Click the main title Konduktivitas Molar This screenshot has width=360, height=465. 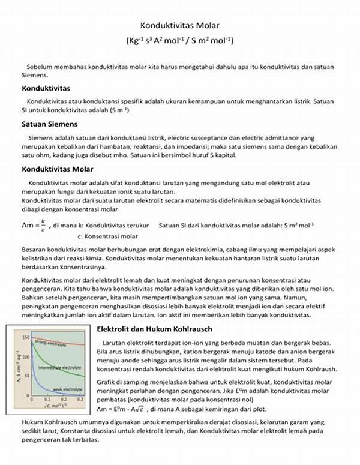click(x=180, y=26)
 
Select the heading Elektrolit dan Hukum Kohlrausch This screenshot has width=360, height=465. click(x=154, y=329)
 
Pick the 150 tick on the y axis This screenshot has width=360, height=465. click(x=24, y=337)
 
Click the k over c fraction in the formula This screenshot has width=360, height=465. click(x=42, y=226)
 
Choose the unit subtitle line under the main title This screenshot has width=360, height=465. click(x=180, y=41)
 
